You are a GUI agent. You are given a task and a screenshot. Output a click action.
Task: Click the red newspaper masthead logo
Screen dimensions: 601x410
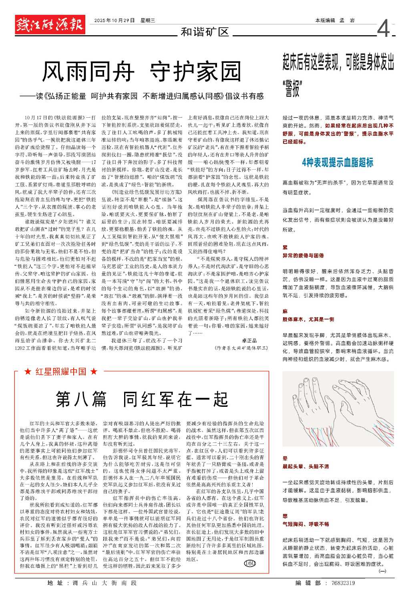[x=50, y=25]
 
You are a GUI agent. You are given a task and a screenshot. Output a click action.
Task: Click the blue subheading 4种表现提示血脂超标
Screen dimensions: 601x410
[x=338, y=162]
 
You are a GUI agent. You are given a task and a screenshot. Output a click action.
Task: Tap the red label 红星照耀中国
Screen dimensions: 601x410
[x=61, y=372]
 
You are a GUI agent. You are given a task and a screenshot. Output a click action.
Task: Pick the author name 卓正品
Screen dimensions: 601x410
[x=249, y=340]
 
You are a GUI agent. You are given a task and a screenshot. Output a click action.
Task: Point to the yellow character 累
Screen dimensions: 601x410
[x=285, y=248]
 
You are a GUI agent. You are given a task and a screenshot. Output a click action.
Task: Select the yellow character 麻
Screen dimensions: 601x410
[x=285, y=311]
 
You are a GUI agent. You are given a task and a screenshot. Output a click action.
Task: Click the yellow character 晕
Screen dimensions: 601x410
[x=285, y=458]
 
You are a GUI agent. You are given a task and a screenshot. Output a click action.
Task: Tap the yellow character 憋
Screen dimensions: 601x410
[x=285, y=516]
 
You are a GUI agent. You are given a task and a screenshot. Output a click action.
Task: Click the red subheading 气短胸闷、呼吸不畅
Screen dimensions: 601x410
[x=305, y=524]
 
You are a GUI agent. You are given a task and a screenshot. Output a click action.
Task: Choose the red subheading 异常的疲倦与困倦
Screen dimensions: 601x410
[x=303, y=255]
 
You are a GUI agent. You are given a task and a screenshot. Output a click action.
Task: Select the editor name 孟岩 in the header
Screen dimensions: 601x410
[x=347, y=20]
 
